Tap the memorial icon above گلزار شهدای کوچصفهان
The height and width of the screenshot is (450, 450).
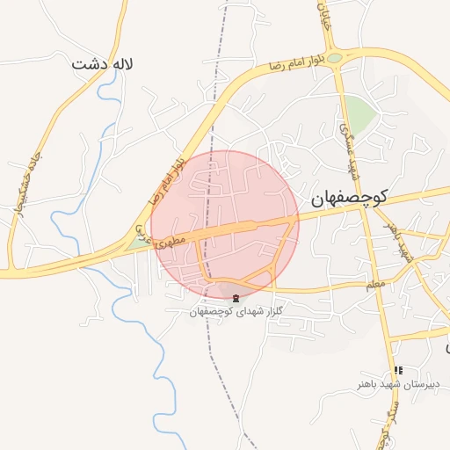tap(234, 299)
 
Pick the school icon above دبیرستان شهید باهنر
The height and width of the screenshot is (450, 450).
tap(398, 371)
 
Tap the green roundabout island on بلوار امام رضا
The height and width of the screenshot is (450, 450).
tap(335, 57)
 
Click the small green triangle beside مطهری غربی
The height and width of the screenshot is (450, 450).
tap(132, 243)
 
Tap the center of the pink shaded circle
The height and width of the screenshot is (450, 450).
tap(225, 224)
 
